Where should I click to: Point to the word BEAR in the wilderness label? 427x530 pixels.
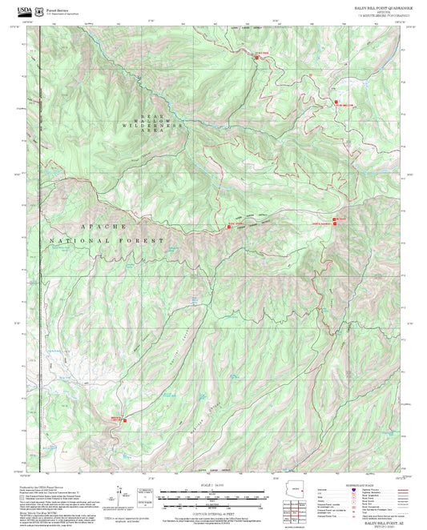click(151, 115)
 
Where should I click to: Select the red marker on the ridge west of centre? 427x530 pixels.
click(230, 227)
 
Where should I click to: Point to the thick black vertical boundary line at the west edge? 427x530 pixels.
click(40, 320)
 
